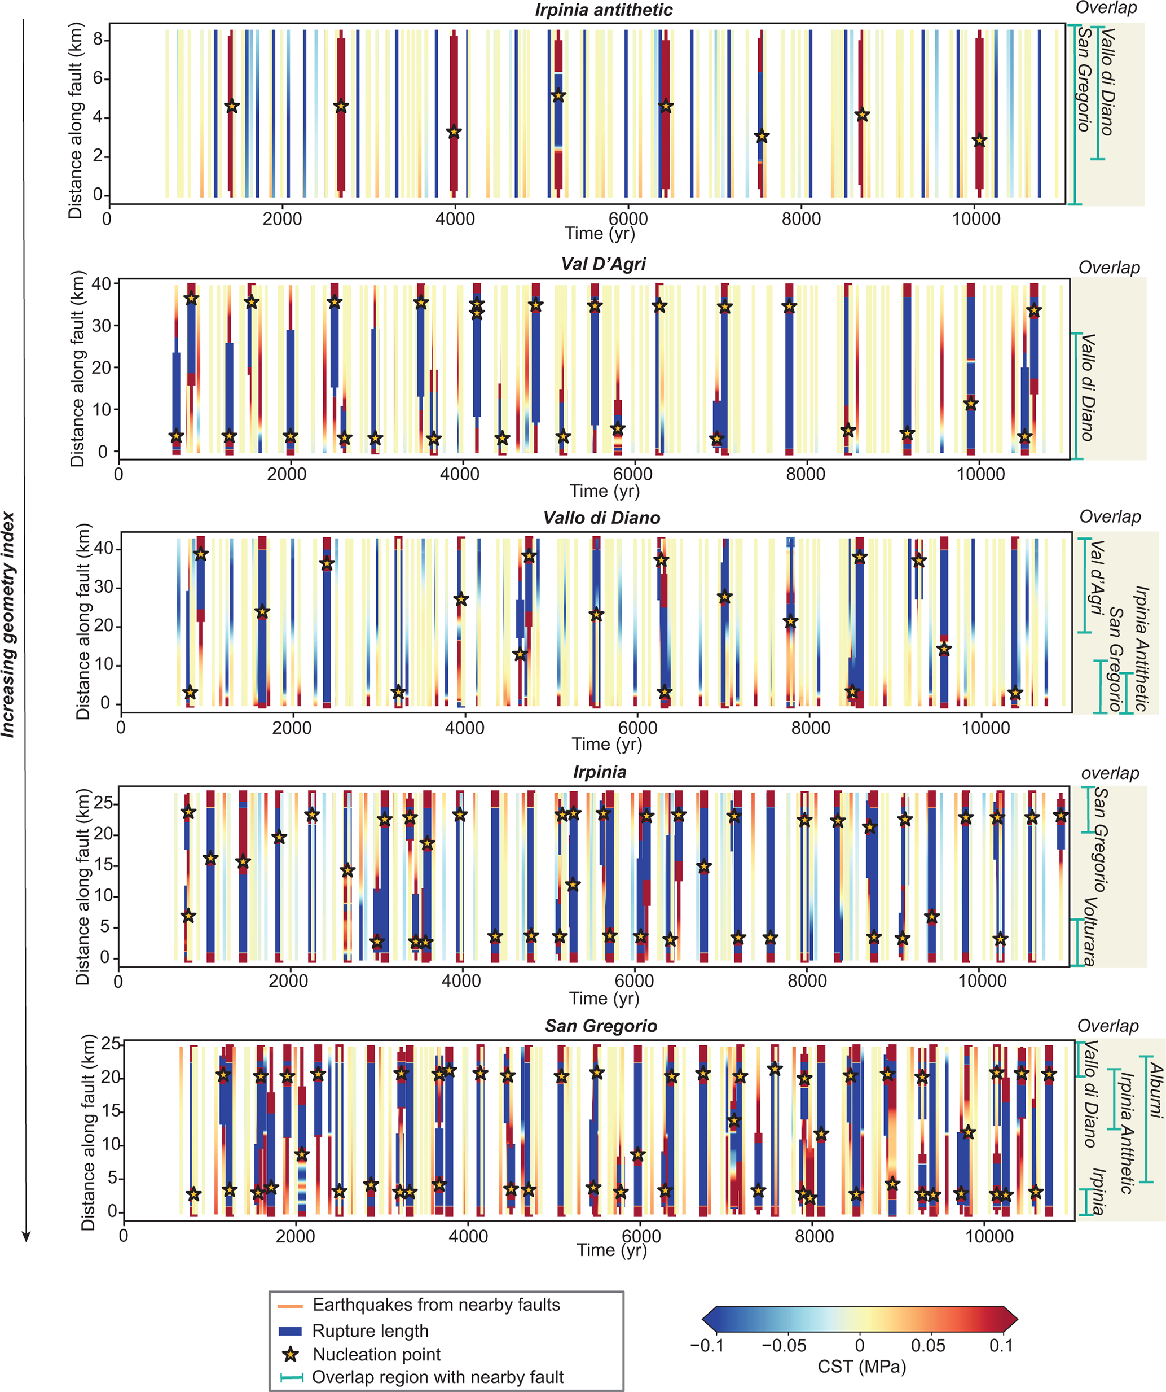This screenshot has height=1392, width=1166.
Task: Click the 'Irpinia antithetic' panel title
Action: (x=604, y=10)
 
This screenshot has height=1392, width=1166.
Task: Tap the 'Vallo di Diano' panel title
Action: (x=601, y=518)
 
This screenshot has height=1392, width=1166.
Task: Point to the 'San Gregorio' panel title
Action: (x=601, y=1026)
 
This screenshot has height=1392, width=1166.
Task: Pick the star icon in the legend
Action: (x=290, y=1354)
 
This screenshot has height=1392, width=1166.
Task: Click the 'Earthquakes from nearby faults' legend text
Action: (x=436, y=1305)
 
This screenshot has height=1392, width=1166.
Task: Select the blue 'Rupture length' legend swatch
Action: (x=290, y=1330)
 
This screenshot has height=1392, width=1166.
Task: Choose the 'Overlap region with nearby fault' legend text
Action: (x=437, y=1377)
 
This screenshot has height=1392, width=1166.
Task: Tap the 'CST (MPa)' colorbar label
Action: (x=861, y=1366)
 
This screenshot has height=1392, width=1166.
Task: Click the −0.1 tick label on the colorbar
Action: (x=707, y=1345)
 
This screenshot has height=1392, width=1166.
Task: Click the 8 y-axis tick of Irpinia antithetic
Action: (x=98, y=40)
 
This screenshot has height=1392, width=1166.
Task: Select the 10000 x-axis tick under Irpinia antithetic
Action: (x=976, y=219)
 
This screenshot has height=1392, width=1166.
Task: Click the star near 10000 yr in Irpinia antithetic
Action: (x=979, y=141)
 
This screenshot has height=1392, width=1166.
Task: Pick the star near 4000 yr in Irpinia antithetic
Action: (x=454, y=133)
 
